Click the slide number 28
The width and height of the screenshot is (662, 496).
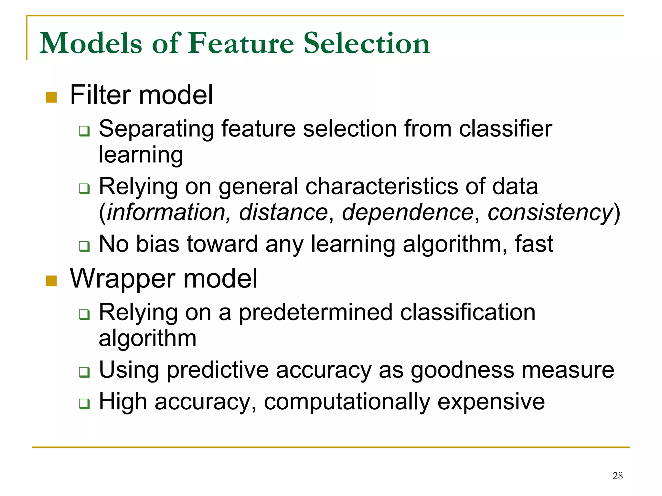[617, 476]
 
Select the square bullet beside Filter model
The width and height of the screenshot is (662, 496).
[51, 97]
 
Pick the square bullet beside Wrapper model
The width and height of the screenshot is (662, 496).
[51, 281]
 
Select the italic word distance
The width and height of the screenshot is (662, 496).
[283, 212]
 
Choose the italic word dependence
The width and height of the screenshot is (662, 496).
[408, 212]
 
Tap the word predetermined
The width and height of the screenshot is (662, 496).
[315, 312]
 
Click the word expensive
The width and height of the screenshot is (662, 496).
[491, 402]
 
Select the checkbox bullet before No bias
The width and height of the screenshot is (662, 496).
[84, 246]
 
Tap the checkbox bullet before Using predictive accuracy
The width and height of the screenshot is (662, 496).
[84, 372]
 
